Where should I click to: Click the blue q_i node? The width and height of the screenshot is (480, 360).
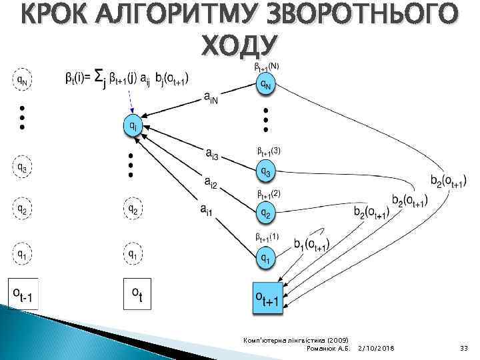133,125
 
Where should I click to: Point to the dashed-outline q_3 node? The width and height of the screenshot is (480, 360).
23,167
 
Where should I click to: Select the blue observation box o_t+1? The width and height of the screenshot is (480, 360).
266,297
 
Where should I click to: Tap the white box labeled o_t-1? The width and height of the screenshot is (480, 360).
23,294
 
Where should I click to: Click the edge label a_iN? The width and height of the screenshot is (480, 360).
212,97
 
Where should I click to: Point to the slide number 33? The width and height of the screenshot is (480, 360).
464,348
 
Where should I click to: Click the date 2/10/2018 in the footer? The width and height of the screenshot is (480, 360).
376,348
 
